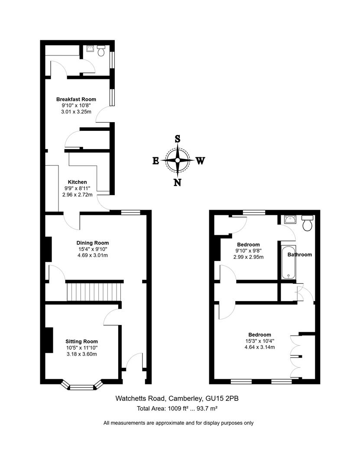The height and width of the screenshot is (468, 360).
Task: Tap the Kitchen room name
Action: pyautogui.click(x=77, y=182)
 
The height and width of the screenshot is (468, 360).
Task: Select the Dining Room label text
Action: pyautogui.click(x=93, y=243)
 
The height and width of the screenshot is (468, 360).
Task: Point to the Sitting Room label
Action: pyautogui.click(x=81, y=341)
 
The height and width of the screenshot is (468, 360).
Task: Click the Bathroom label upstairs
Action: pyautogui.click(x=300, y=254)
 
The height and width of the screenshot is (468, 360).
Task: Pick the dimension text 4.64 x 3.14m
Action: pyautogui.click(x=259, y=347)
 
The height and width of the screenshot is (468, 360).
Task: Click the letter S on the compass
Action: pyautogui.click(x=177, y=139)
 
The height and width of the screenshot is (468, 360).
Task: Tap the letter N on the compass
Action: pyautogui.click(x=177, y=182)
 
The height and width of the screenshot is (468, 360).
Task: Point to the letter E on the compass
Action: pyautogui.click(x=156, y=161)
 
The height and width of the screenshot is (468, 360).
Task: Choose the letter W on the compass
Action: pyautogui.click(x=200, y=161)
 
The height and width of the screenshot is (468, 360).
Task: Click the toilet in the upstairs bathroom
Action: pyautogui.click(x=308, y=223)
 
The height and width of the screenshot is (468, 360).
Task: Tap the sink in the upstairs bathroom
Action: pyautogui.click(x=289, y=219)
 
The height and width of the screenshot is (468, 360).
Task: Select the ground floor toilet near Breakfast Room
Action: pyautogui.click(x=101, y=51)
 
